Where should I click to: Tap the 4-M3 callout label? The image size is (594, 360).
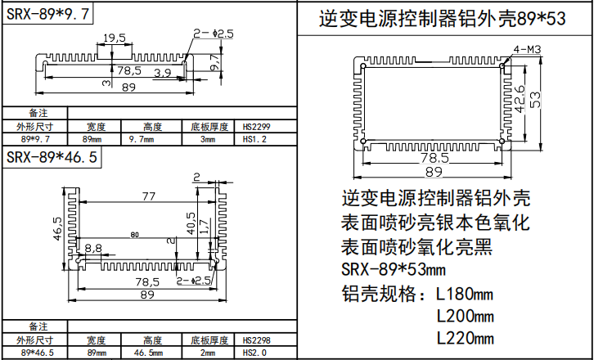point(528,49)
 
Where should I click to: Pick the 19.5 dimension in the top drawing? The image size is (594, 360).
point(115,38)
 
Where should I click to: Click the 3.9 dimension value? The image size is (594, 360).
point(162,73)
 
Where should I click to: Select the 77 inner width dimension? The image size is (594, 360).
point(148,196)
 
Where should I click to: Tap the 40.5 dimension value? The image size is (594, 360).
point(191,223)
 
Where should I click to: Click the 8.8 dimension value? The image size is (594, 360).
point(93,247)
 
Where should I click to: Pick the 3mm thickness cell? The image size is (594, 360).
point(209,140)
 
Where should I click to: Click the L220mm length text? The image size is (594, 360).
point(466,338)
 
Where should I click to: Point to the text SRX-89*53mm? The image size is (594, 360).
point(393,269)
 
